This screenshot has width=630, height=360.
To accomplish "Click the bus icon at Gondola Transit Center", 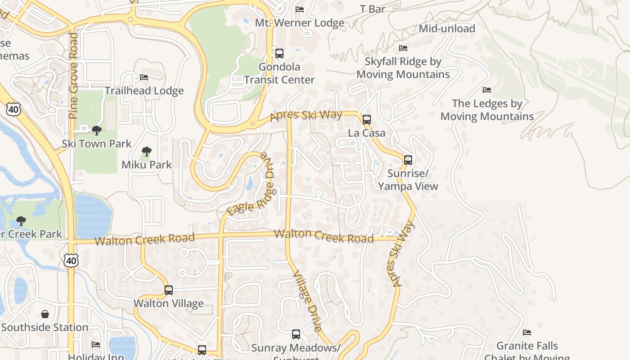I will [x=279, y=54].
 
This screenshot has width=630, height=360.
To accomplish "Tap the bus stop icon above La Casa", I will [x=367, y=120].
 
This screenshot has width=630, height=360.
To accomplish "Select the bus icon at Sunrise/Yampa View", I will [x=408, y=160].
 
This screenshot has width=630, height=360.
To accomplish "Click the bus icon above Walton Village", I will [x=169, y=290].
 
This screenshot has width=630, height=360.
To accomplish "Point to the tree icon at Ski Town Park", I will [x=96, y=130].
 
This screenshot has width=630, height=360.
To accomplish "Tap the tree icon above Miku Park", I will [x=146, y=152].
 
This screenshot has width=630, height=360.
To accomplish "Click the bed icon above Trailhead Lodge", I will [x=144, y=77].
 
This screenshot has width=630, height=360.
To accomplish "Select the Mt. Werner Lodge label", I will [x=300, y=23].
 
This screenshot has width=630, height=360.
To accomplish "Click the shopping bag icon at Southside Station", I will [x=45, y=314].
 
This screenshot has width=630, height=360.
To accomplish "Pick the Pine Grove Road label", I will [x=73, y=76].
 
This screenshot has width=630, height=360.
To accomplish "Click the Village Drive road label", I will [x=307, y=301].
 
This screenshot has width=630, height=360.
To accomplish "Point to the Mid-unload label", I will [x=447, y=29].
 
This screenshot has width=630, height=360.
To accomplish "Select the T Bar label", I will [x=373, y=9].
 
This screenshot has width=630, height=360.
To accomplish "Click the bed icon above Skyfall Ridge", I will [x=403, y=48].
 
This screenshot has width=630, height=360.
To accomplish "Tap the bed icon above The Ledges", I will [x=486, y=90].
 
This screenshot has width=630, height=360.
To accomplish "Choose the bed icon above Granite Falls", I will [x=527, y=333].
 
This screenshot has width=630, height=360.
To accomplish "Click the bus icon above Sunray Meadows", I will [x=296, y=334].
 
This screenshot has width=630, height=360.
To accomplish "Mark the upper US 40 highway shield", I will [x=13, y=109].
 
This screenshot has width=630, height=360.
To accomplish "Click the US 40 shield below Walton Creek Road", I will [x=71, y=261].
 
